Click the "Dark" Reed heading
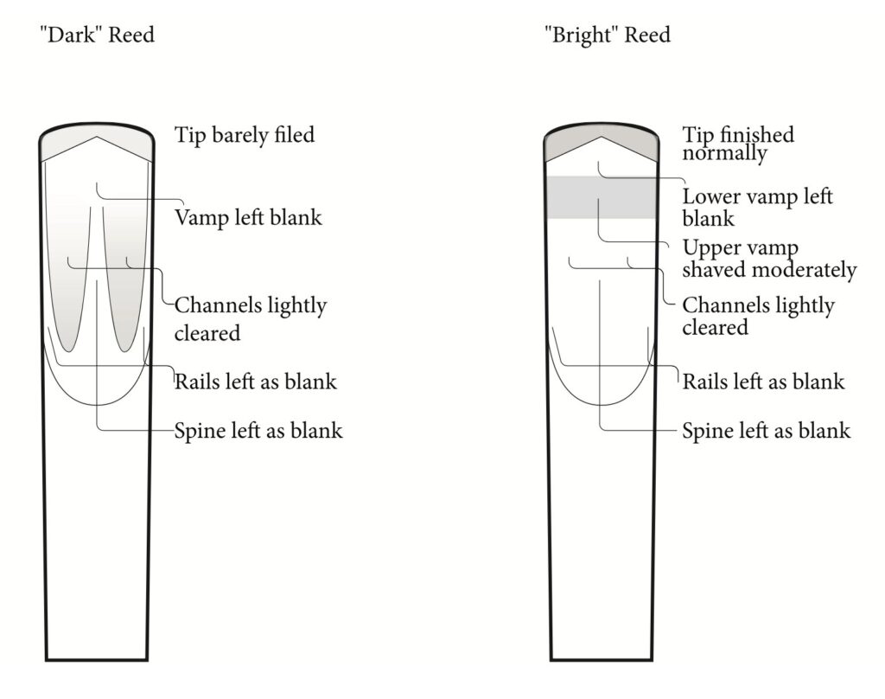[97, 35]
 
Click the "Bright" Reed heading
[608, 35]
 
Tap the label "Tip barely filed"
[245, 136]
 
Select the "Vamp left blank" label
[248, 217]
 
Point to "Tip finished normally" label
[738, 144]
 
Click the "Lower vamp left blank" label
[757, 208]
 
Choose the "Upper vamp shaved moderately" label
[769, 259]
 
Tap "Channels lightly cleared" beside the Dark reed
[251, 318]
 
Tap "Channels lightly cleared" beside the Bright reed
[758, 316]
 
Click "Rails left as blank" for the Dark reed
[256, 382]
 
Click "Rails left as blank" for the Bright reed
[763, 382]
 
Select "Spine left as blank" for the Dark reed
[258, 431]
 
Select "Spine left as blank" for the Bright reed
[766, 431]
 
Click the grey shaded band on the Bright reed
[602, 197]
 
